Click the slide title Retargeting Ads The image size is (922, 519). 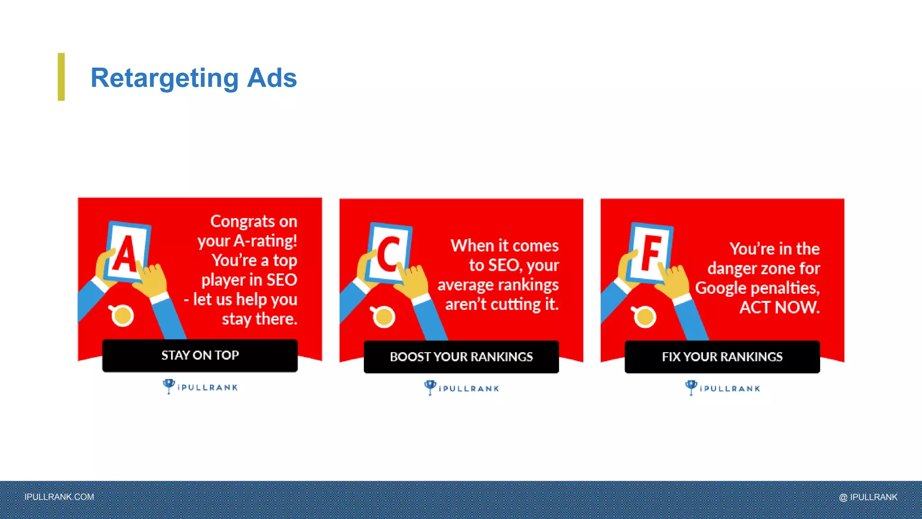pyautogui.click(x=194, y=78)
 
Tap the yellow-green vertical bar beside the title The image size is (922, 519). pyautogui.click(x=61, y=77)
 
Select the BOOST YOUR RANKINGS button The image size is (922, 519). pyautogui.click(x=461, y=357)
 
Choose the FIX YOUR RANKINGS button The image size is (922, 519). pyautogui.click(x=722, y=357)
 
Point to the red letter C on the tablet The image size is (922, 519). pyautogui.click(x=388, y=255)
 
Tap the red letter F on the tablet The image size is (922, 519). pyautogui.click(x=650, y=253)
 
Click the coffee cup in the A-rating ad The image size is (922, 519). pyautogui.click(x=122, y=315)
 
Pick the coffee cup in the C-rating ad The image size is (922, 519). pyautogui.click(x=383, y=316)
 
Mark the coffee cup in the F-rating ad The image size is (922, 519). pyautogui.click(x=644, y=316)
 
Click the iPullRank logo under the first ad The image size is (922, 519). pyautogui.click(x=200, y=387)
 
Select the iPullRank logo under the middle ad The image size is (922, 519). pyautogui.click(x=461, y=388)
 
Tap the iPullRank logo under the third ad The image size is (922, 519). pyautogui.click(x=723, y=388)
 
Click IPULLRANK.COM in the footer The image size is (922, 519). pyautogui.click(x=59, y=497)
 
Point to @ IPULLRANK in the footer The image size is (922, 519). pyautogui.click(x=868, y=497)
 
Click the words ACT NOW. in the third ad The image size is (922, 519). pyautogui.click(x=779, y=307)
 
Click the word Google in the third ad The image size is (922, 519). pyautogui.click(x=721, y=287)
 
